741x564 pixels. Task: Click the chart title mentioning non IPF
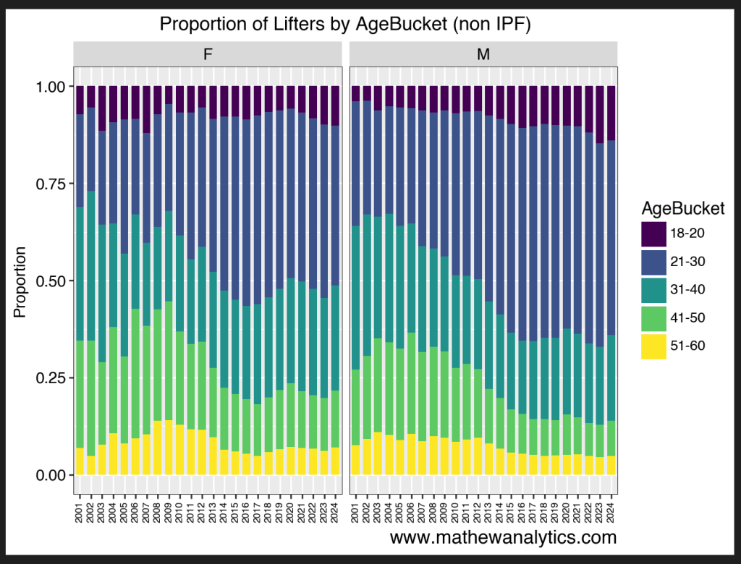click(x=345, y=25)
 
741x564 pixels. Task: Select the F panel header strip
click(x=208, y=54)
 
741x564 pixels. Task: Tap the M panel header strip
click(x=483, y=54)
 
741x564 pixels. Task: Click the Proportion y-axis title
click(x=20, y=281)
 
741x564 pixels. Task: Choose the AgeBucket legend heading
click(x=683, y=209)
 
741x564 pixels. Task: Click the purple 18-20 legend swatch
click(x=654, y=234)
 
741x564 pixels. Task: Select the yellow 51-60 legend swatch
click(x=654, y=346)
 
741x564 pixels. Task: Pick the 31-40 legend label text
click(x=688, y=290)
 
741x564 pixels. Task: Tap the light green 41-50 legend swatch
click(x=654, y=318)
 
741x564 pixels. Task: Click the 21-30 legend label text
click(x=688, y=262)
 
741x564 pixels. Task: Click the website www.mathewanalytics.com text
click(x=503, y=537)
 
